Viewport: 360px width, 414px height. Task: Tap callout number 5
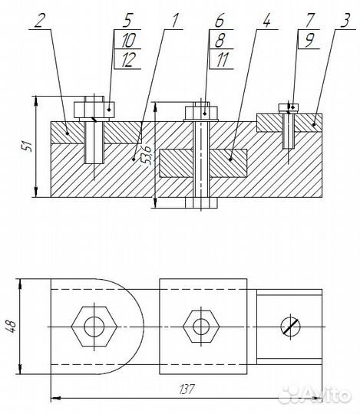click(127, 18)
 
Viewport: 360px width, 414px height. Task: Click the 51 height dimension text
click(28, 146)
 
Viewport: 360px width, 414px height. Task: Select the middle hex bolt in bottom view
click(200, 326)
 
